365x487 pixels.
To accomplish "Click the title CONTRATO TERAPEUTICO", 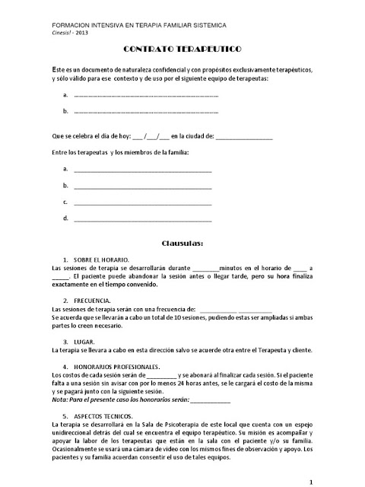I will [x=182, y=49].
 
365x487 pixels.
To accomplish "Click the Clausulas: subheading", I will [x=182, y=244].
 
